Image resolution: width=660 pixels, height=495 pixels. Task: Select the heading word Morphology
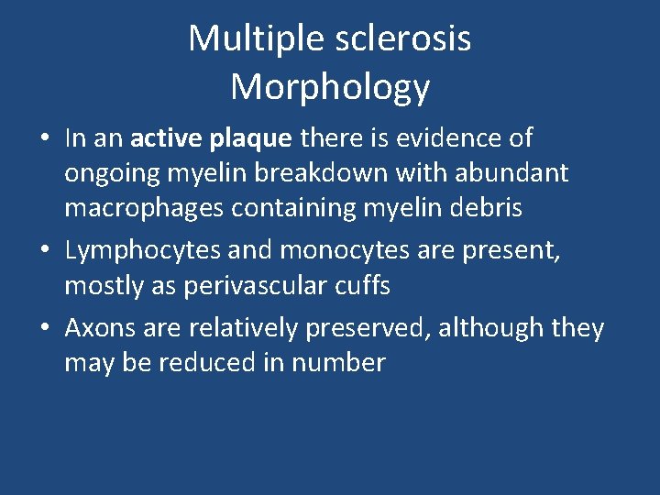[330, 87]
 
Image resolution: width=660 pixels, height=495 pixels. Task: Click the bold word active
[169, 138]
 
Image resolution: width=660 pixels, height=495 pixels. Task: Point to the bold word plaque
[253, 138]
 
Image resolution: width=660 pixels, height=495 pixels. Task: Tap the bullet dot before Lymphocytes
[45, 250]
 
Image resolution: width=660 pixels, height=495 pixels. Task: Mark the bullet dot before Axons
[45, 327]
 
